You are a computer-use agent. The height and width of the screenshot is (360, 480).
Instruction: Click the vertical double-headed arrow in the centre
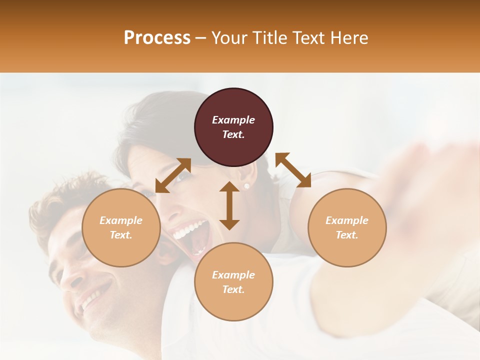229,205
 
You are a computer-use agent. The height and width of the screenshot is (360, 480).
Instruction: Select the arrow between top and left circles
173,175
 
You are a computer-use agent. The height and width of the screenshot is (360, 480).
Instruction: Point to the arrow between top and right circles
293,170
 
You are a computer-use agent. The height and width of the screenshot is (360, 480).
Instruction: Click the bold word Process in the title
157,38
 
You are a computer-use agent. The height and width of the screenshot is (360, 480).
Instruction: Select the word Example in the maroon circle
233,120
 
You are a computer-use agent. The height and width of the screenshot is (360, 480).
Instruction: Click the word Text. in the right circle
347,235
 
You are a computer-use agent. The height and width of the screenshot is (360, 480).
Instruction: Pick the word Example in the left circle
121,220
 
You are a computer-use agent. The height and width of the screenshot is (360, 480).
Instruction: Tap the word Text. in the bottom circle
233,289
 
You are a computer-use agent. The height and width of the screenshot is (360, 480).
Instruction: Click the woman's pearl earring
246,186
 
